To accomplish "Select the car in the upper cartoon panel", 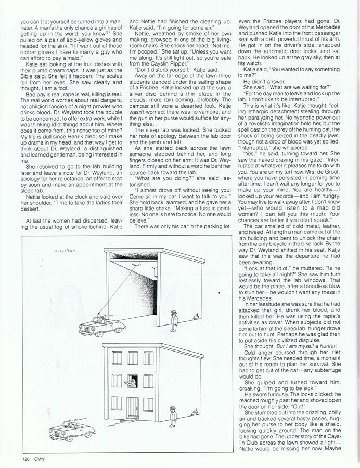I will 102,325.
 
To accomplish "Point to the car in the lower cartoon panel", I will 73,431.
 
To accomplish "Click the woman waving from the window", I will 131,383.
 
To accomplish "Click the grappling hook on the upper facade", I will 136,265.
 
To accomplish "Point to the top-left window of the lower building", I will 117,359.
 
